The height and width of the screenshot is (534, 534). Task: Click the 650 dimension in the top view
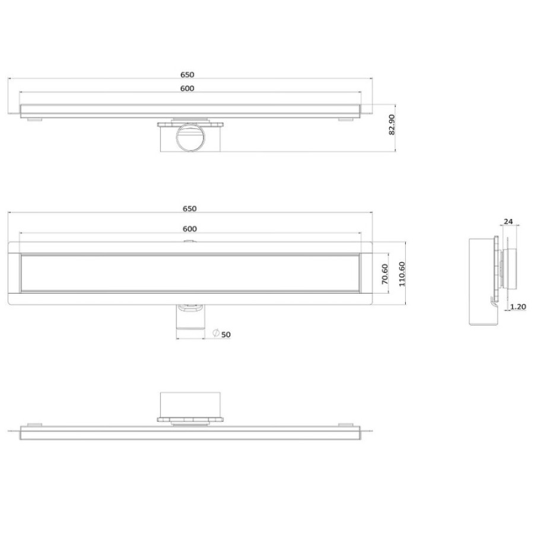[187, 75]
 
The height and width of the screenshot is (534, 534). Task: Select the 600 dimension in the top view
[187, 88]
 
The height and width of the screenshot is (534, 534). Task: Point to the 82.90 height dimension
[392, 125]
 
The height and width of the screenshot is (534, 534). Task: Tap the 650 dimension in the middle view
[190, 209]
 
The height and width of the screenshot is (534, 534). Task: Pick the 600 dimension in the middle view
[190, 229]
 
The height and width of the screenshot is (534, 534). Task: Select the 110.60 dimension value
[402, 274]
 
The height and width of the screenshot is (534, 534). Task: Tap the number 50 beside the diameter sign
[226, 335]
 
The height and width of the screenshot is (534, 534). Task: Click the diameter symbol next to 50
[216, 333]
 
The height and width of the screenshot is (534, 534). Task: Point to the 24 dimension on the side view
[508, 222]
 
